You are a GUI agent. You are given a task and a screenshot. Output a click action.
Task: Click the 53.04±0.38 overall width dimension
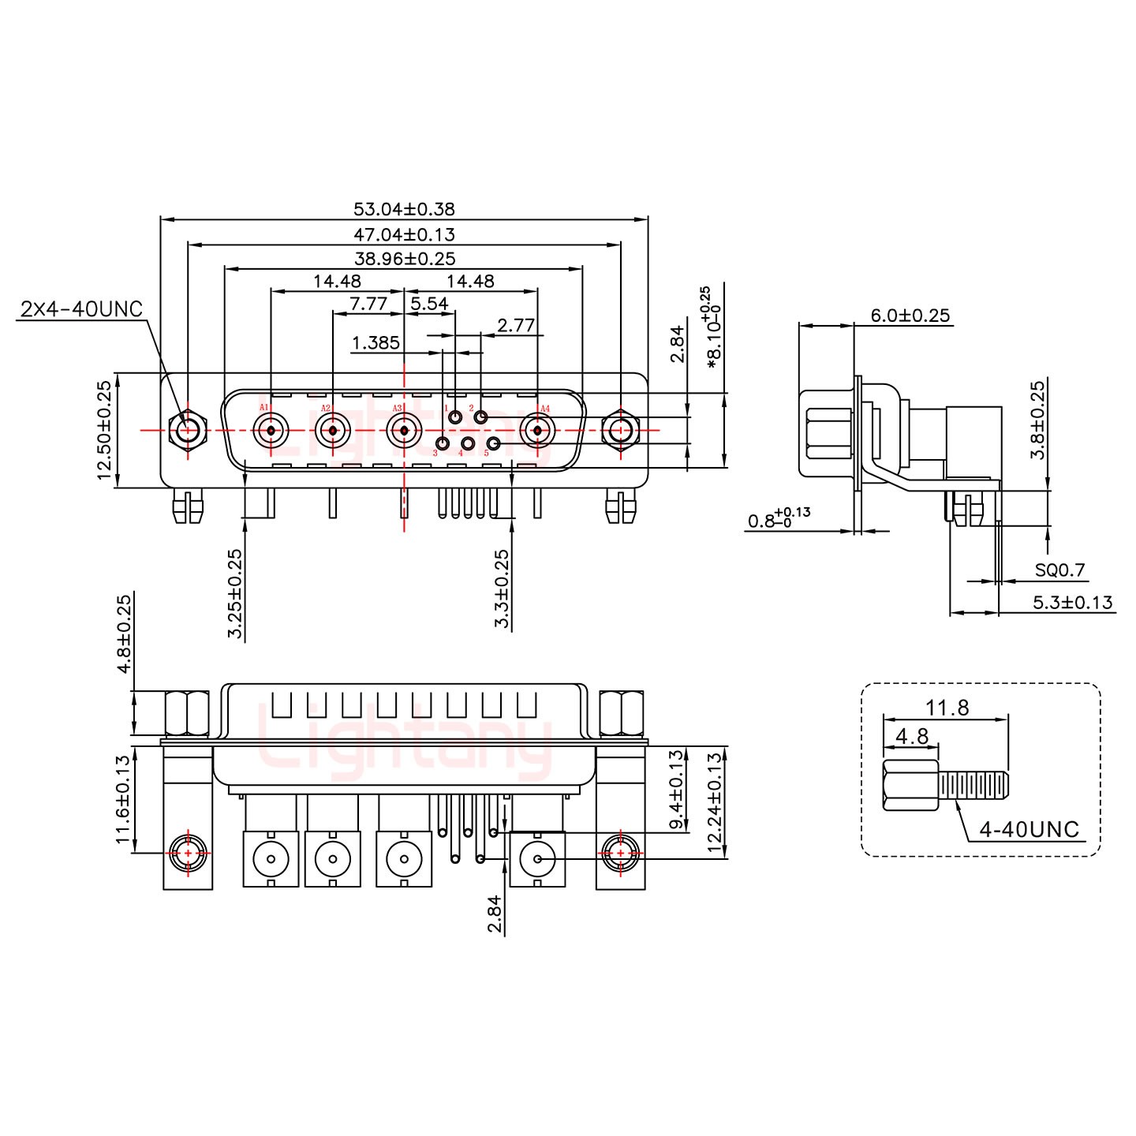click(x=403, y=209)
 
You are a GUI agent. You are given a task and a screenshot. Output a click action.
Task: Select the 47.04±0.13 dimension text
click(x=403, y=234)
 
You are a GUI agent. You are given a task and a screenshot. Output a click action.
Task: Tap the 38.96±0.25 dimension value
click(x=403, y=259)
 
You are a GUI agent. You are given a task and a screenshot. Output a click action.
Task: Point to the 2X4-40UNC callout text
click(x=81, y=309)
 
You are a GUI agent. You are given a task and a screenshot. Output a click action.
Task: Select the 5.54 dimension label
click(x=430, y=304)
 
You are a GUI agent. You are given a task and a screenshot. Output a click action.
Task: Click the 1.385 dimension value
click(x=376, y=343)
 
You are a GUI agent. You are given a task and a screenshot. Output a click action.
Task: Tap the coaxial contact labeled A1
click(x=271, y=431)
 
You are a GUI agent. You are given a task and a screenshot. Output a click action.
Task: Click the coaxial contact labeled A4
click(x=538, y=431)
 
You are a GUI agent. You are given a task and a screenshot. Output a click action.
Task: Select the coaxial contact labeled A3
click(x=403, y=431)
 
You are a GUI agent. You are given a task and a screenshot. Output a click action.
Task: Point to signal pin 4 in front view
click(x=468, y=445)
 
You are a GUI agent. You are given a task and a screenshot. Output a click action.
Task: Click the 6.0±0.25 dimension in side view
click(x=910, y=316)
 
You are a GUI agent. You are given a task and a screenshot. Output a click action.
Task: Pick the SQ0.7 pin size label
click(x=1059, y=570)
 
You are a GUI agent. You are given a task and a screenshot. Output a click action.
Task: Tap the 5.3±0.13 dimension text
click(x=1072, y=603)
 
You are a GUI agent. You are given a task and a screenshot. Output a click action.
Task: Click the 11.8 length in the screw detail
click(x=947, y=708)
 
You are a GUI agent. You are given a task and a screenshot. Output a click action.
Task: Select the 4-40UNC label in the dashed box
click(x=1029, y=829)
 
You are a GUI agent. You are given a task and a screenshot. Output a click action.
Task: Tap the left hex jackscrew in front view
click(x=188, y=431)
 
